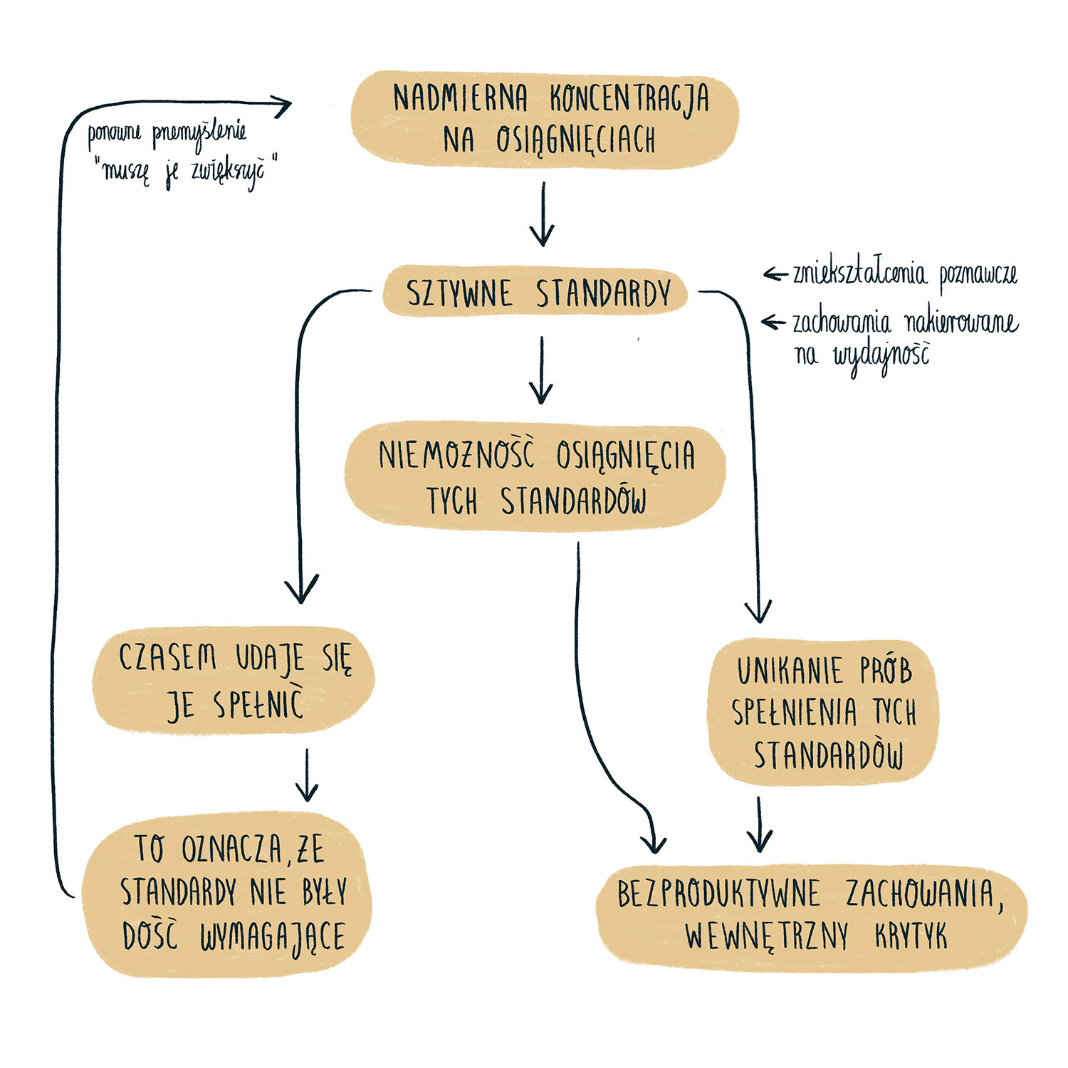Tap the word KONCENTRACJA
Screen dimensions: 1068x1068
pyautogui.click(x=629, y=99)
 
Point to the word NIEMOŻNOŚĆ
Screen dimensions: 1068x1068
pyautogui.click(x=456, y=455)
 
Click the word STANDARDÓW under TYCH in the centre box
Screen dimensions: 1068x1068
pyautogui.click(x=574, y=501)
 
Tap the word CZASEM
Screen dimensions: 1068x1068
pyautogui.click(x=168, y=657)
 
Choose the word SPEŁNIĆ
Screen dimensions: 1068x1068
pyautogui.click(x=258, y=705)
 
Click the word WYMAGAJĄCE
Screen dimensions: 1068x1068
pyautogui.click(x=272, y=937)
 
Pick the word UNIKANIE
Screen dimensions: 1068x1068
pyautogui.click(x=790, y=671)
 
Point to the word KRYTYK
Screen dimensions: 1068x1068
pyautogui.click(x=911, y=937)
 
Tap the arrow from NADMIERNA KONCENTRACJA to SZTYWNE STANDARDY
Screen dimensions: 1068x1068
pyautogui.click(x=543, y=214)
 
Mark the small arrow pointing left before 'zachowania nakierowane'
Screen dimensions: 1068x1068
pyautogui.click(x=773, y=323)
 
